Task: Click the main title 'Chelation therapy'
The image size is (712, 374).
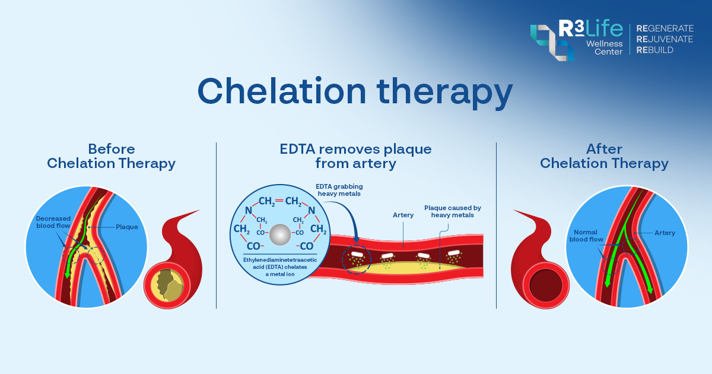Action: pyautogui.click(x=355, y=92)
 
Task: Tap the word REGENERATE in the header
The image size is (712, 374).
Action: pyautogui.click(x=665, y=28)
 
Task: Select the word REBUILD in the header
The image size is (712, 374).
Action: pyautogui.click(x=654, y=51)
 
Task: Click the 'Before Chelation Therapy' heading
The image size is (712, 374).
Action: pyautogui.click(x=111, y=156)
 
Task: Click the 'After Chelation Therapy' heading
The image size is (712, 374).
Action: pyautogui.click(x=604, y=156)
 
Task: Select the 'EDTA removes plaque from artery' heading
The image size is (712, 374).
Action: pyautogui.click(x=355, y=156)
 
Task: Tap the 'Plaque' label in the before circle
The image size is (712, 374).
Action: pyautogui.click(x=127, y=227)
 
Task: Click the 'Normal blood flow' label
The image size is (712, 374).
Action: pyautogui.click(x=586, y=236)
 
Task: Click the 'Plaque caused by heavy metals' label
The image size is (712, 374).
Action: pyautogui.click(x=452, y=211)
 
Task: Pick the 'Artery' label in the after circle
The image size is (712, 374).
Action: pyautogui.click(x=665, y=233)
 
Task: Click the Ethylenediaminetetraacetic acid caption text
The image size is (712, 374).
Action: pyautogui.click(x=279, y=267)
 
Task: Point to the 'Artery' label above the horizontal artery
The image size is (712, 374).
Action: pyautogui.click(x=403, y=215)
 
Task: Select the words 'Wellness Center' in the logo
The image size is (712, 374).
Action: pyautogui.click(x=604, y=47)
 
